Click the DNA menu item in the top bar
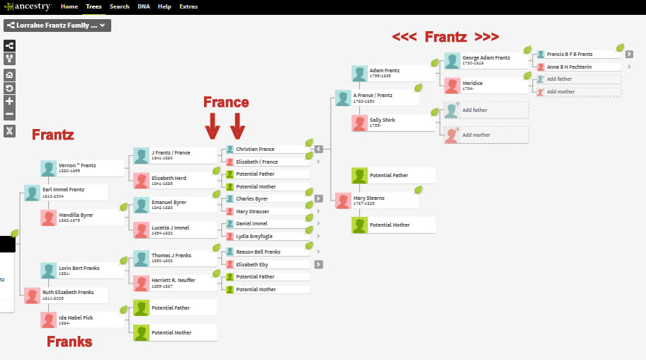click(143, 6)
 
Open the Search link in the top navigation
click(120, 6)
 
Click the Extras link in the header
click(188, 6)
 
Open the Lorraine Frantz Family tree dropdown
click(57, 26)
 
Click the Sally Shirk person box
click(393, 123)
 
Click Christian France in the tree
click(266, 150)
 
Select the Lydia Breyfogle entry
click(266, 236)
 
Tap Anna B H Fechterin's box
click(577, 67)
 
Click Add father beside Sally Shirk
click(485, 110)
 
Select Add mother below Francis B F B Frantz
click(577, 91)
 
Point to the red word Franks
click(69, 342)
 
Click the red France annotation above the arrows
click(226, 102)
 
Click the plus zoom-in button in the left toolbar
click(9, 101)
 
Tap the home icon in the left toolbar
click(9, 74)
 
